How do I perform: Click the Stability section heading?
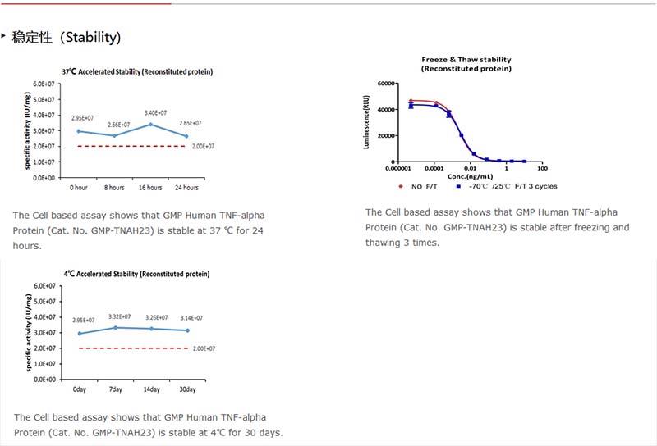coord(67,38)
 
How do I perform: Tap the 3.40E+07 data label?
coord(155,112)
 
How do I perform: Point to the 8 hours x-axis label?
coord(115,188)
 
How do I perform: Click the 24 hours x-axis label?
coord(186,188)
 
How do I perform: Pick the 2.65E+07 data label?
coord(190,124)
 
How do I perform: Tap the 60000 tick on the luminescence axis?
coord(387,84)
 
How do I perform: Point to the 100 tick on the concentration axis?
coord(542,170)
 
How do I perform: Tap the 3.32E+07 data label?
coord(116,316)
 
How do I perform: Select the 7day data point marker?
coord(115,328)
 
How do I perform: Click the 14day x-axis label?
coord(151,389)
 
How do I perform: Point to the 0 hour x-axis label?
coord(79,188)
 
